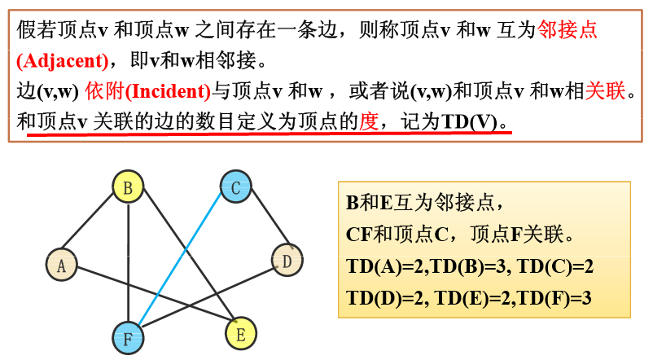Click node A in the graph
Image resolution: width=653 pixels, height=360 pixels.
coord(62,264)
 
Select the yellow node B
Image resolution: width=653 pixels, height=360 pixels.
coord(128,188)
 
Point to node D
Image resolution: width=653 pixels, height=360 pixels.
coord(287,261)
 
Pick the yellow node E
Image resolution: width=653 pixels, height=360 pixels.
coord(240,332)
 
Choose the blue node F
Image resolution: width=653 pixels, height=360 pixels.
coord(128,337)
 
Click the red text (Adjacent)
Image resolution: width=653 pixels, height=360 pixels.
coord(61,61)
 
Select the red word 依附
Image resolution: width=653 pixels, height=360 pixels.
coord(102,90)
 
